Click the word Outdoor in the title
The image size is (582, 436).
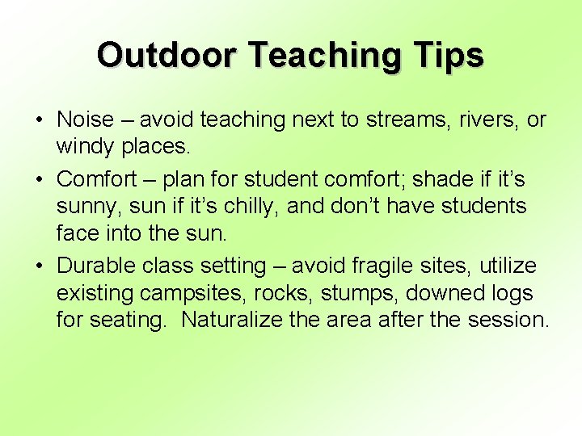click(x=167, y=56)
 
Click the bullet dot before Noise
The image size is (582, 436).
click(x=40, y=120)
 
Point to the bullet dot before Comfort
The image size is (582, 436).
click(x=40, y=178)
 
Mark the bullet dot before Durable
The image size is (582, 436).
click(x=40, y=266)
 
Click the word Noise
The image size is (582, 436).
click(x=85, y=120)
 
